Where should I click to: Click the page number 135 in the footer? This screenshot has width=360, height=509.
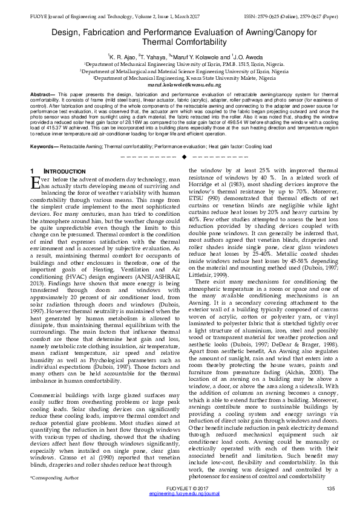pos(330,488)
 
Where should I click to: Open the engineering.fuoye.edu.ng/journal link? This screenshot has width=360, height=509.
pos(180,494)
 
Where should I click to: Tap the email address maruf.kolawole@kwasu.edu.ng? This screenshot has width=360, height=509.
pos(180,85)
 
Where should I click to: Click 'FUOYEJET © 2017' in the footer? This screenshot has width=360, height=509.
pos(180,488)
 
